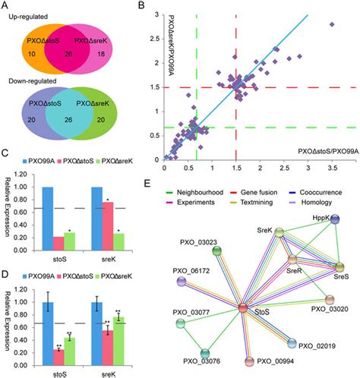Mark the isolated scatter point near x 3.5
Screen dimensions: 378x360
[331, 24]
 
